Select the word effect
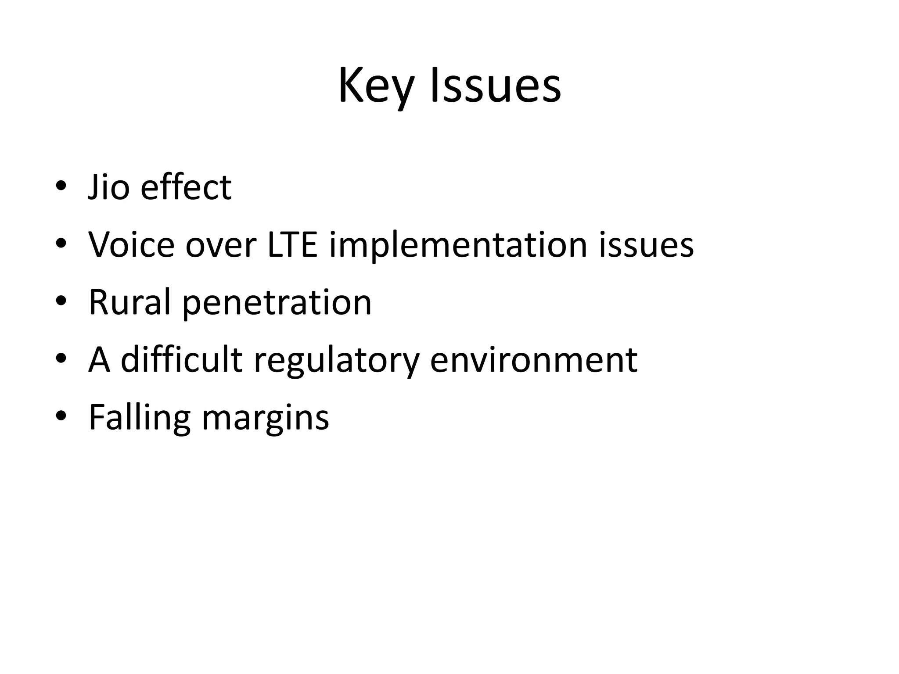pyautogui.click(x=186, y=187)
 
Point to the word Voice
pyautogui.click(x=131, y=245)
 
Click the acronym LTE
pyautogui.click(x=292, y=245)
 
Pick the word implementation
pyautogui.click(x=458, y=245)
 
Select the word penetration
pyautogui.click(x=277, y=302)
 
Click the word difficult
pyautogui.click(x=182, y=360)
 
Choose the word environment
pyautogui.click(x=533, y=360)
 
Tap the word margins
pyautogui.click(x=265, y=417)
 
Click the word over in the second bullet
pyautogui.click(x=221, y=245)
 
